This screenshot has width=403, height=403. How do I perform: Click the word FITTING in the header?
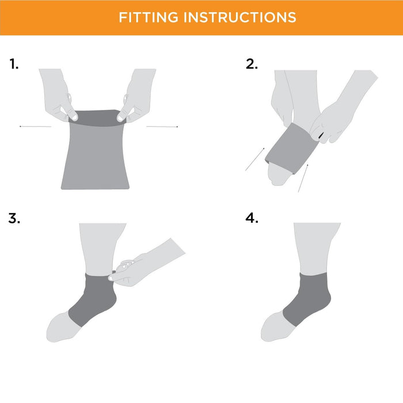[x=149, y=17]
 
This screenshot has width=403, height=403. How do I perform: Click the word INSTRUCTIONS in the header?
[x=240, y=17]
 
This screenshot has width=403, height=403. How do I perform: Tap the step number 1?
[x=14, y=64]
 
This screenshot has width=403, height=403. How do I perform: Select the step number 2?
[x=252, y=64]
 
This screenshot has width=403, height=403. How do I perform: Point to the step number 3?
[x=14, y=218]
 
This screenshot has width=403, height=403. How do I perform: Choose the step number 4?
[x=252, y=218]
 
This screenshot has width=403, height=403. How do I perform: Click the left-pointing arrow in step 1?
[x=36, y=127]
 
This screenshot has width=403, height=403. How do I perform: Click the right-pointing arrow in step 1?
[x=162, y=127]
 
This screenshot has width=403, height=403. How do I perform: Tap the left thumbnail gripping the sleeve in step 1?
[x=74, y=117]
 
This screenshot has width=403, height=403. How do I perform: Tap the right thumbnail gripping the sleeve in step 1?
[x=120, y=118]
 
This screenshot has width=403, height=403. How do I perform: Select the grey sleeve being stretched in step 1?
[x=95, y=150]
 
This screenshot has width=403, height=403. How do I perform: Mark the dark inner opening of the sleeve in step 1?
[x=97, y=118]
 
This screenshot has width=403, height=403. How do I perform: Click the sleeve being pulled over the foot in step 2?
[x=291, y=149]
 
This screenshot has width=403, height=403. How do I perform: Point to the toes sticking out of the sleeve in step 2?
[x=278, y=174]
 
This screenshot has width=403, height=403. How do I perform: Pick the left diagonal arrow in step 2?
[x=254, y=159]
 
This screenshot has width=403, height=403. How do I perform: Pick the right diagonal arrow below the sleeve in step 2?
[x=303, y=178]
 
